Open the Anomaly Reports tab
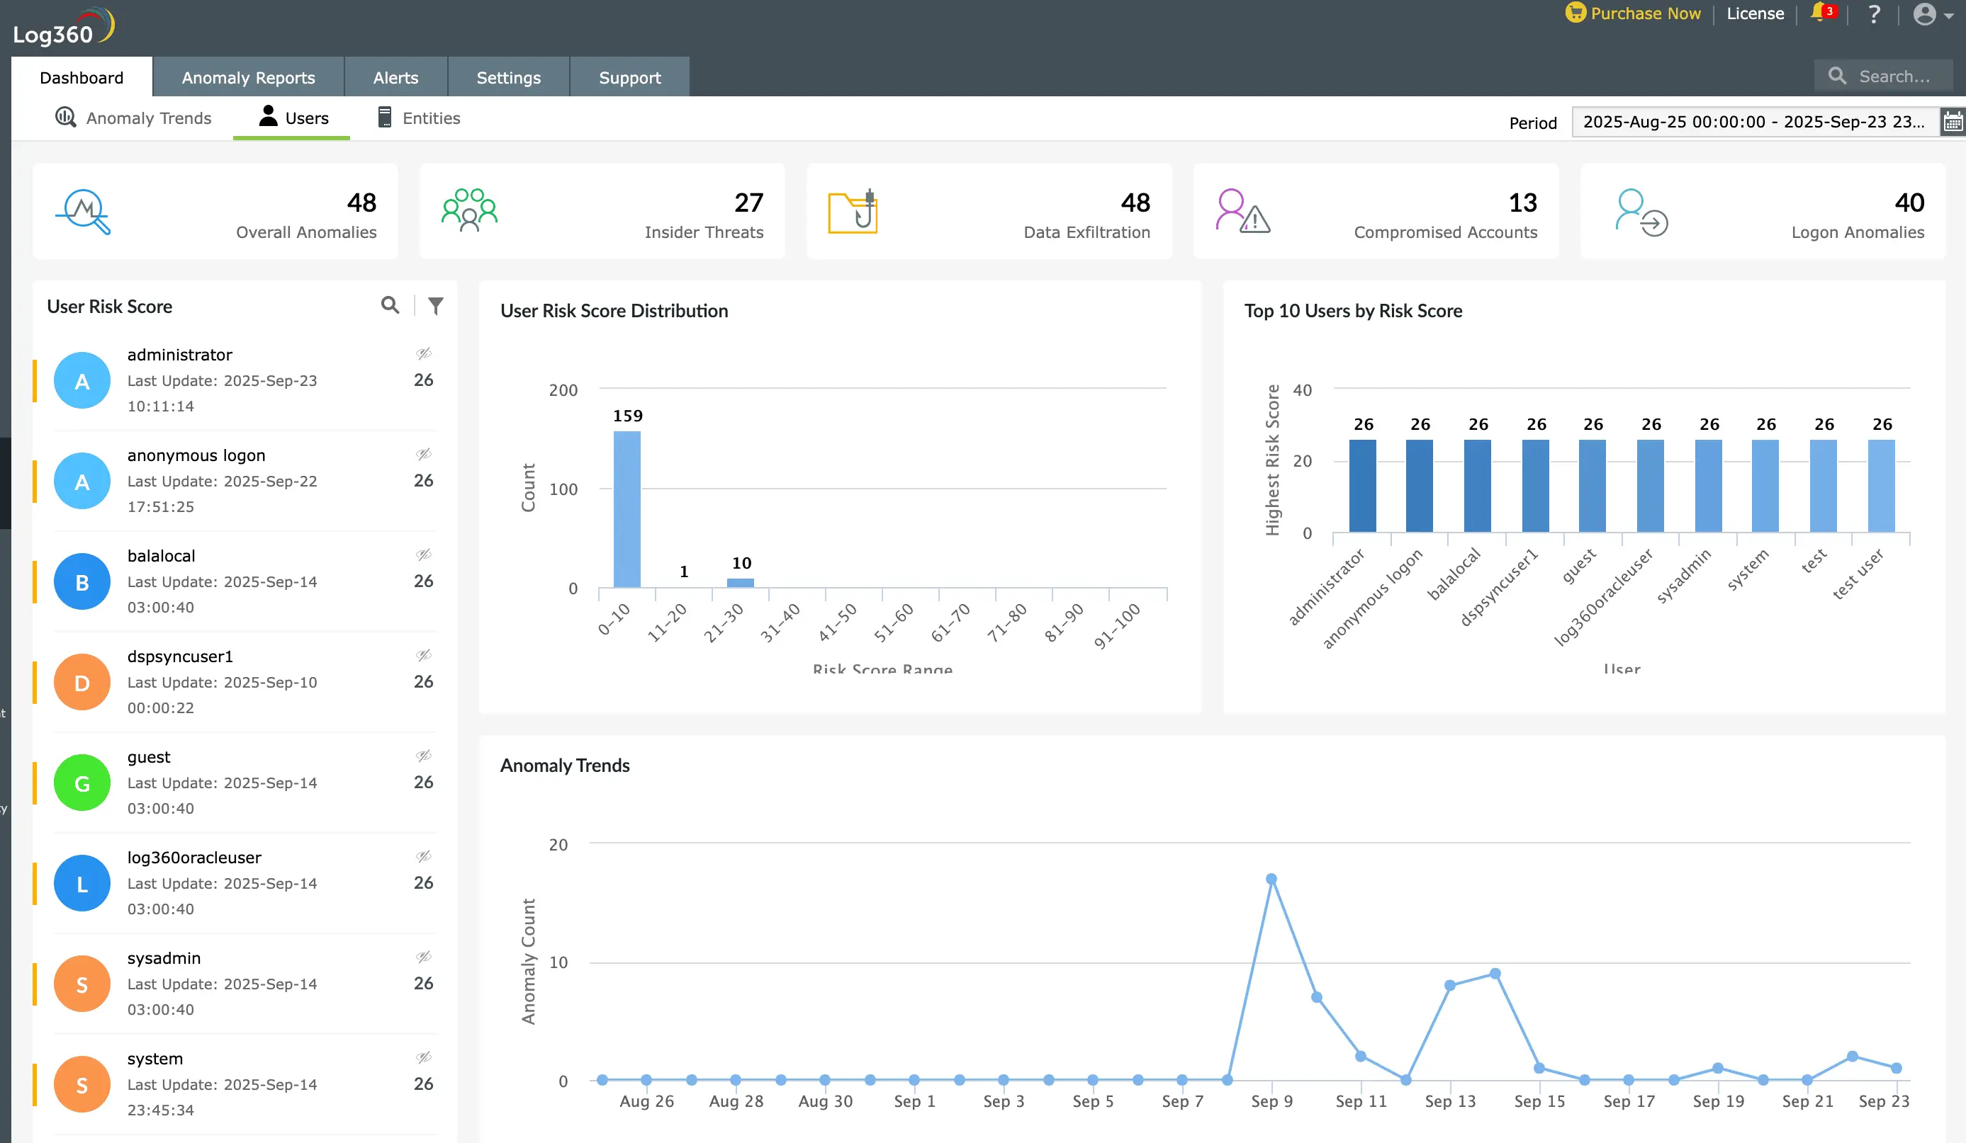[248, 77]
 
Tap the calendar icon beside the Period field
[1953, 122]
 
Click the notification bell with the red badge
[1819, 13]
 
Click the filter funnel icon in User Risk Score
[435, 306]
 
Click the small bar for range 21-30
[741, 582]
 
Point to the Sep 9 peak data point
[1271, 879]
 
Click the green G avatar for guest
[82, 783]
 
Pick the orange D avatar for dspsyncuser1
[82, 682]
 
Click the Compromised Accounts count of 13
[1522, 203]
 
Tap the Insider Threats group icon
[469, 210]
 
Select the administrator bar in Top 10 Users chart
[1362, 486]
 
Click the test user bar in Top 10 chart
[1881, 486]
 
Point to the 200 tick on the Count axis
[563, 389]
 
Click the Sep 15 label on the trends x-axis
[1539, 1101]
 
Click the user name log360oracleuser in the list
[194, 858]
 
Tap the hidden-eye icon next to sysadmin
[424, 957]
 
